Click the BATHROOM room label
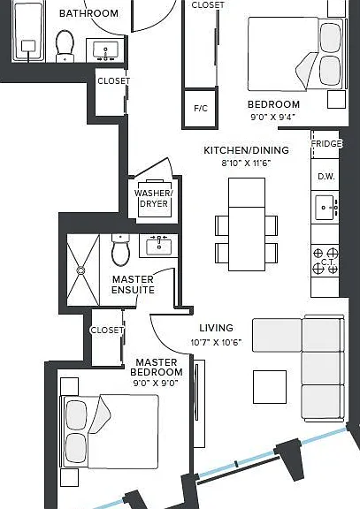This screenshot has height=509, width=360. [88, 13]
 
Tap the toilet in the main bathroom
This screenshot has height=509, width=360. [65, 46]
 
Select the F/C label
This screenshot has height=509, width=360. [201, 108]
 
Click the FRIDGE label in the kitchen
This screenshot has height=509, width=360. [326, 143]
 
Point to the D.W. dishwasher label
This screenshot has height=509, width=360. [326, 177]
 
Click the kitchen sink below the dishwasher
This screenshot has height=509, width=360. [325, 207]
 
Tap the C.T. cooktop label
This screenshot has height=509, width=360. [326, 262]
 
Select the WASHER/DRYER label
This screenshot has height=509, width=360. [154, 198]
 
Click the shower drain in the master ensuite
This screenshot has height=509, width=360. [80, 270]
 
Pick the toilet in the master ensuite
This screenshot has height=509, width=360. [120, 249]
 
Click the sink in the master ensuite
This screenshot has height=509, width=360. [159, 246]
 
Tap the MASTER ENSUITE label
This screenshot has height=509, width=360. [133, 285]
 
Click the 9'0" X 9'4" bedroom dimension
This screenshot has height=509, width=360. [273, 117]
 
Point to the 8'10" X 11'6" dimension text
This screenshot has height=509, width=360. [246, 163]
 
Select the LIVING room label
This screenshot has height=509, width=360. [216, 328]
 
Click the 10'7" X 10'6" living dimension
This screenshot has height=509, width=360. [217, 342]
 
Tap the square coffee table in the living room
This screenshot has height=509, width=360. [270, 387]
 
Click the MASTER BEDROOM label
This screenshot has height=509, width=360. [157, 367]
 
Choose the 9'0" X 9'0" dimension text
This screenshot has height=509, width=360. [156, 383]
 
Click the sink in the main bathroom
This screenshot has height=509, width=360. [105, 50]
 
